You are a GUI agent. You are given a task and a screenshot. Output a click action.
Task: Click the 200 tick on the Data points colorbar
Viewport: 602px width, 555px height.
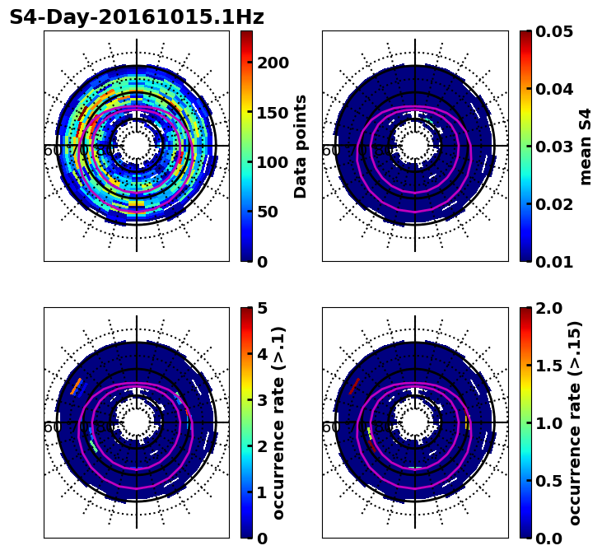point(272,63)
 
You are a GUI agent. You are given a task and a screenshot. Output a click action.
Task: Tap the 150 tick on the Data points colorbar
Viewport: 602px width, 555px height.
point(272,113)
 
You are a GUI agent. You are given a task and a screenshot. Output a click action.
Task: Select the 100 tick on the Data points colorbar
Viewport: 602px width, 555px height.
point(272,162)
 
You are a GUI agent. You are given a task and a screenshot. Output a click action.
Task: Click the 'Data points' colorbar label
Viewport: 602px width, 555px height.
point(301,146)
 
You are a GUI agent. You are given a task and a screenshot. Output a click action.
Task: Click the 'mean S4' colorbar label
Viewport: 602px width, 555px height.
point(586,146)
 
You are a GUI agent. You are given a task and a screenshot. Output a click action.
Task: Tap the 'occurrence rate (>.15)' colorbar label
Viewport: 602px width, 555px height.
point(575,422)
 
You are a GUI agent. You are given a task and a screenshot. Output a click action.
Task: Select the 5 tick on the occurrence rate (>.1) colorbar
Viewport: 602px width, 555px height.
point(262,308)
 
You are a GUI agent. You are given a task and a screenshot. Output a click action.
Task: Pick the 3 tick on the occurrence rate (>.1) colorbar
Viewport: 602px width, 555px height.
point(262,400)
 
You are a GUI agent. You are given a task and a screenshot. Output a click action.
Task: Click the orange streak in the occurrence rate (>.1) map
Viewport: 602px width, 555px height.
point(77,385)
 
